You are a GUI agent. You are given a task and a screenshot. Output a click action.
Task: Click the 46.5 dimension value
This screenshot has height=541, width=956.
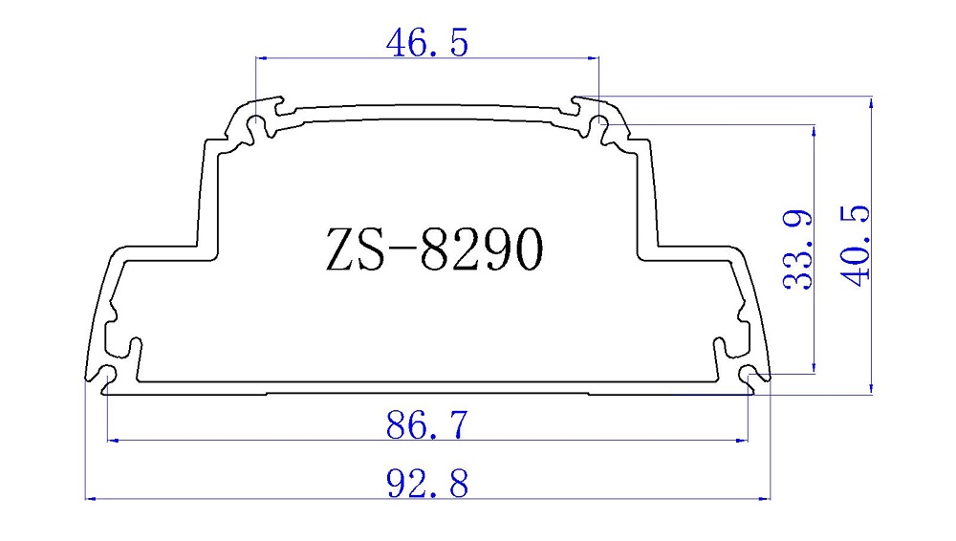[426, 43]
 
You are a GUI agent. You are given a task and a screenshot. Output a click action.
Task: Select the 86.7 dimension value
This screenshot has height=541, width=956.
[427, 424]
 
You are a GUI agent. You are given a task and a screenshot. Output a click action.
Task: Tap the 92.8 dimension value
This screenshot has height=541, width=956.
[427, 484]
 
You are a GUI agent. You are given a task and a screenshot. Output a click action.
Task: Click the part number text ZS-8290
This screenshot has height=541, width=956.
[435, 250]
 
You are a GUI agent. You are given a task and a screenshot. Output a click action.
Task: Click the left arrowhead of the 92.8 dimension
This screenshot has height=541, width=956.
[91, 498]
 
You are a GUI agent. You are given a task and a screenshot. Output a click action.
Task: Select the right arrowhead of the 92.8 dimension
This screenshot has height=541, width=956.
[765, 498]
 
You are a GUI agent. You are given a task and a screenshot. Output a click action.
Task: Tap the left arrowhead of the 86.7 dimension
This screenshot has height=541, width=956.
[111, 441]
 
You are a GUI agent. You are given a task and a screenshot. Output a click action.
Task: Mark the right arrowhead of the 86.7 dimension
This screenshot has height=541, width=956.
[742, 441]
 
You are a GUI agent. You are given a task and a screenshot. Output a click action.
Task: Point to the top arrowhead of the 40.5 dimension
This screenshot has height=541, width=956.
[871, 101]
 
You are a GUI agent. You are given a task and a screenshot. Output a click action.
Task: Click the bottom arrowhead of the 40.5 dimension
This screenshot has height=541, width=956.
[871, 386]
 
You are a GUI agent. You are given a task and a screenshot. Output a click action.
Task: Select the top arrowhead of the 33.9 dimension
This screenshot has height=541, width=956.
[814, 129]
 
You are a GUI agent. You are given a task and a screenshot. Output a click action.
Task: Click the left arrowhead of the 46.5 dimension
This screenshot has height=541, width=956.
[261, 58]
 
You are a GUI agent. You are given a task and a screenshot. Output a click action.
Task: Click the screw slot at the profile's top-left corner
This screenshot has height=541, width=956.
[256, 125]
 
